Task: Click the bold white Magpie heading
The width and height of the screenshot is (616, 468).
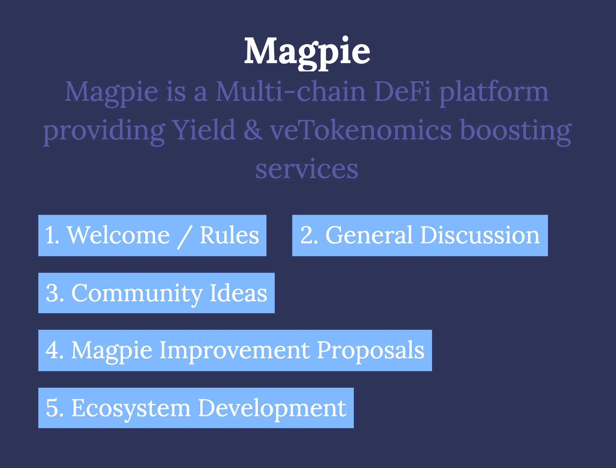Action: pyautogui.click(x=307, y=52)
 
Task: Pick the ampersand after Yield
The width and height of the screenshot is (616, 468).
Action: pyautogui.click(x=253, y=131)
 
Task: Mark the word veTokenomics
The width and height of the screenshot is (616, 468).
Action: pyautogui.click(x=361, y=130)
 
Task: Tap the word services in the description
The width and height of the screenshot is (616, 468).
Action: pyautogui.click(x=307, y=169)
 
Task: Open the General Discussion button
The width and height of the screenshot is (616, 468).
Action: pyautogui.click(x=420, y=235)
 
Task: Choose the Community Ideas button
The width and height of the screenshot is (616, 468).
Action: pyautogui.click(x=156, y=293)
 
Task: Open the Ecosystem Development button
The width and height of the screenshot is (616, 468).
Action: pyautogui.click(x=196, y=408)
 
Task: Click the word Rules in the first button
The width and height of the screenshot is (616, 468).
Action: pyautogui.click(x=229, y=235)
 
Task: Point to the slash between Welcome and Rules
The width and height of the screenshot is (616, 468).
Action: pyautogui.click(x=185, y=237)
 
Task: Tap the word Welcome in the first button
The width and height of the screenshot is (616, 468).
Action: pyautogui.click(x=118, y=235)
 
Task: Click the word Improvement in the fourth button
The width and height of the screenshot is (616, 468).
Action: pyautogui.click(x=234, y=351)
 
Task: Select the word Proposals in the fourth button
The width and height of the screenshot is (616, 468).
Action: pyautogui.click(x=371, y=351)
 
